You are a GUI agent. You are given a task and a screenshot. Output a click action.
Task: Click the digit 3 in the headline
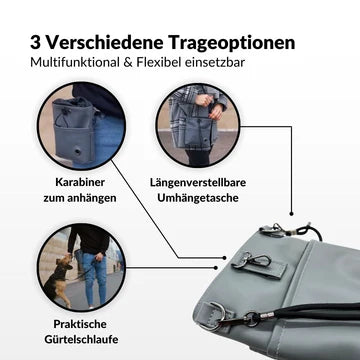pyautogui.click(x=35, y=43)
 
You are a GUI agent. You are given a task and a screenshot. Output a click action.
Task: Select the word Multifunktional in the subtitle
pyautogui.click(x=72, y=62)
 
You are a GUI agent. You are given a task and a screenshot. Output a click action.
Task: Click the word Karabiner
pyautogui.click(x=80, y=183)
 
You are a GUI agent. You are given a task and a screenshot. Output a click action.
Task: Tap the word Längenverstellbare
pyautogui.click(x=198, y=183)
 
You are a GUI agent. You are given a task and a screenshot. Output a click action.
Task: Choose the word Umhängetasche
pyautogui.click(x=198, y=198)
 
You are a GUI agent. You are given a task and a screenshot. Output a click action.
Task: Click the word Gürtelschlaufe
pyautogui.click(x=81, y=340)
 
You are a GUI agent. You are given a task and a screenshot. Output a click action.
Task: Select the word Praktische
pyautogui.click(x=80, y=324)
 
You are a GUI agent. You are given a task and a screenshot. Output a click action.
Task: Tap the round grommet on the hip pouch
pyautogui.click(x=78, y=151)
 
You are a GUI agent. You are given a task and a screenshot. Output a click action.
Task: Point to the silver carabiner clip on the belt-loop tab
pyautogui.click(x=252, y=259)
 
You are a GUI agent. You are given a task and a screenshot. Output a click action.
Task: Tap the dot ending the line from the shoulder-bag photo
pyautogui.click(x=291, y=214)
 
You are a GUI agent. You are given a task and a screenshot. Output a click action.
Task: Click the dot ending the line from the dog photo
pyautogui.click(x=216, y=268)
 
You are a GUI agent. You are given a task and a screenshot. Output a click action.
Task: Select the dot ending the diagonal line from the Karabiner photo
pyautogui.click(x=225, y=258)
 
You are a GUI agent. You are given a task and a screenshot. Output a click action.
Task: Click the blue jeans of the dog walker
pyautogui.click(x=94, y=278)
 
